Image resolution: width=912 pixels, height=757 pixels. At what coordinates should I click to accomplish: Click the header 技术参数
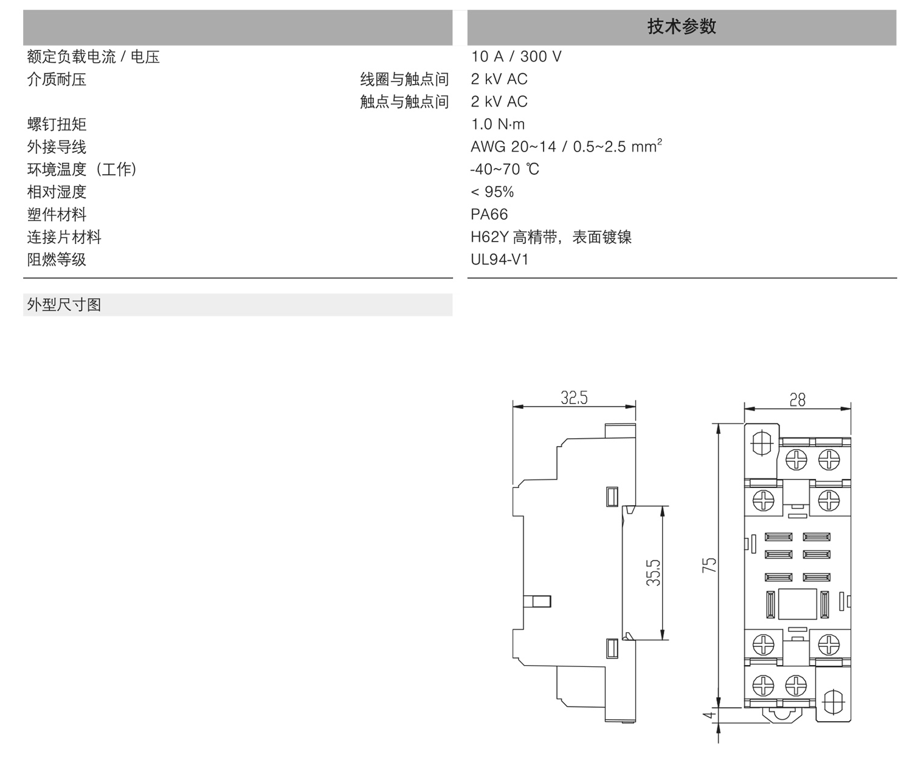coord(682,27)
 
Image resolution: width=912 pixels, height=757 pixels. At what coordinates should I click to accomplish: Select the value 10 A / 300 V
coord(516,57)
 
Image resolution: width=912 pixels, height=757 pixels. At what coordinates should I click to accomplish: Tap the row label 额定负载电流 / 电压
coord(93,57)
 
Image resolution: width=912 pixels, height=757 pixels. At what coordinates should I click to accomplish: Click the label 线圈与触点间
coord(404,79)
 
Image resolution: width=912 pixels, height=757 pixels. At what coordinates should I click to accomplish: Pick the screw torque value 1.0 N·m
coord(497,124)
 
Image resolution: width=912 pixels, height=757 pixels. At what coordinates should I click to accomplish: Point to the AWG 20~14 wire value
coord(566,147)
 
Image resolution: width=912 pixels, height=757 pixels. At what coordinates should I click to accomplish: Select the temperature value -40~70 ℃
coord(505,169)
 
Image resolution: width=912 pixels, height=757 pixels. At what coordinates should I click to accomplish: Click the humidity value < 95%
coord(492,192)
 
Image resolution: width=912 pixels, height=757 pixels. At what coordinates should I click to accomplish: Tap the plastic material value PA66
coord(489,214)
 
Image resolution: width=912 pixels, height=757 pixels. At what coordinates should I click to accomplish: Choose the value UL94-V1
coord(500,259)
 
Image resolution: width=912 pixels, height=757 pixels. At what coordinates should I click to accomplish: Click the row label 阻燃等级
coord(57,259)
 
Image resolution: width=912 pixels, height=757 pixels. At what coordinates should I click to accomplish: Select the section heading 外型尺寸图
coord(64,304)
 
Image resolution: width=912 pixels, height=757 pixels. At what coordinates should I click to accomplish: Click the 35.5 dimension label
coord(653,573)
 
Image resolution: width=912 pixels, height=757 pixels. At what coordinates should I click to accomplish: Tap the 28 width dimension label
coord(797,399)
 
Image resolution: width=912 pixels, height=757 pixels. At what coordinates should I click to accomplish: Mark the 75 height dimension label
coord(709,565)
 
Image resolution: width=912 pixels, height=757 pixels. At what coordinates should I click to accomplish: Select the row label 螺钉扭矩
coord(57,124)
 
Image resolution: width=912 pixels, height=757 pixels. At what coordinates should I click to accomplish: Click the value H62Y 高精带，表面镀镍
coord(551,237)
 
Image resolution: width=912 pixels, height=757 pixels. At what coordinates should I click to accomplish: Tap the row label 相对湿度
coord(57,192)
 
